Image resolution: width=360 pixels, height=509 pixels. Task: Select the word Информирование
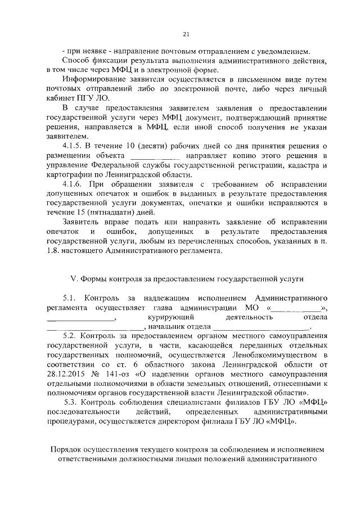point(95,79)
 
